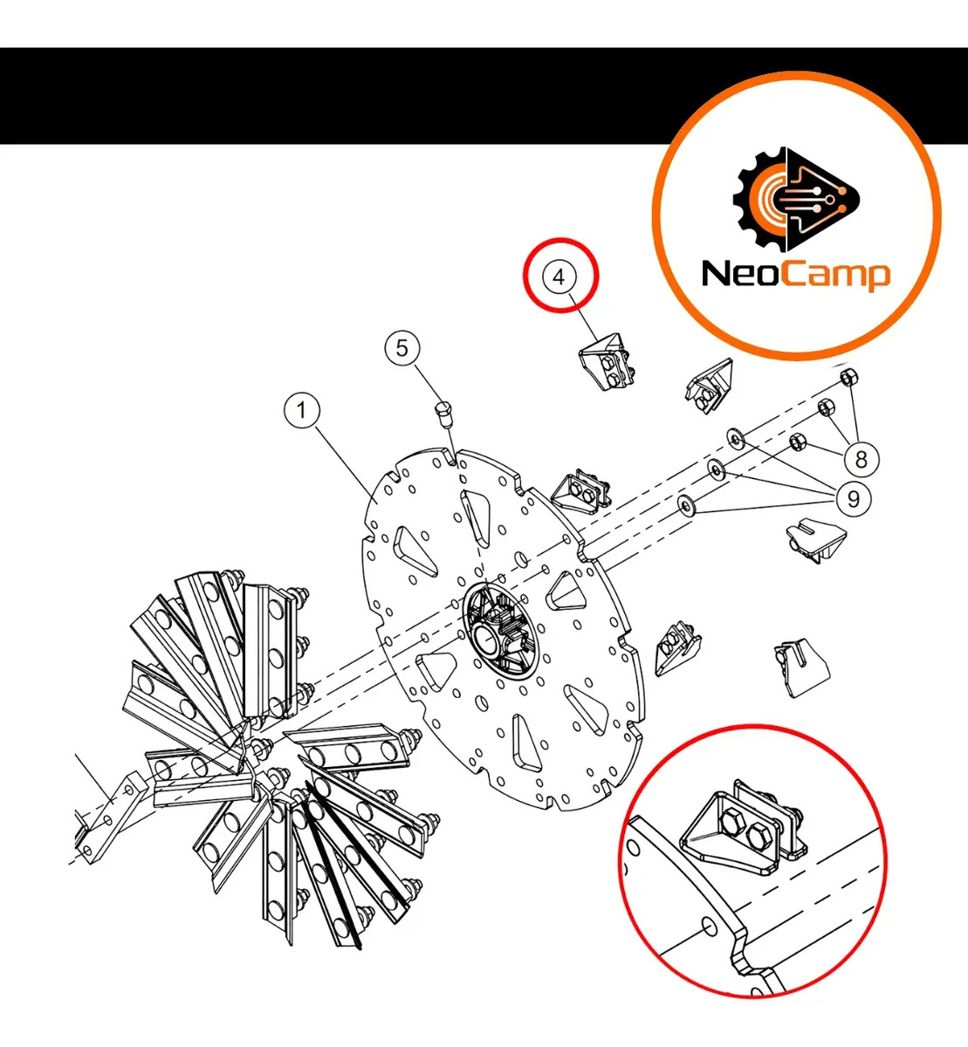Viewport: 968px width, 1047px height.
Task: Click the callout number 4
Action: pos(560,277)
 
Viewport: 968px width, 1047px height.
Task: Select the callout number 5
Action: pos(402,348)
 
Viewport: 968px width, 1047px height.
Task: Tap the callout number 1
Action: pos(302,409)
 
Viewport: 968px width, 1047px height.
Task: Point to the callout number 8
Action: pos(861,459)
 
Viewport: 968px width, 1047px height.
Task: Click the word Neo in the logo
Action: pos(742,274)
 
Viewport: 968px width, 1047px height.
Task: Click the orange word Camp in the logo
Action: pos(835,276)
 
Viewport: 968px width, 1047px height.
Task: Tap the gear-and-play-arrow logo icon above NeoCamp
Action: pos(795,199)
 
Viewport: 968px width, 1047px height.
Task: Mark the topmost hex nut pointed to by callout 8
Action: pos(848,377)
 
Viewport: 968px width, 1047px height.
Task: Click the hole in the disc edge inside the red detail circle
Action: pos(711,925)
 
